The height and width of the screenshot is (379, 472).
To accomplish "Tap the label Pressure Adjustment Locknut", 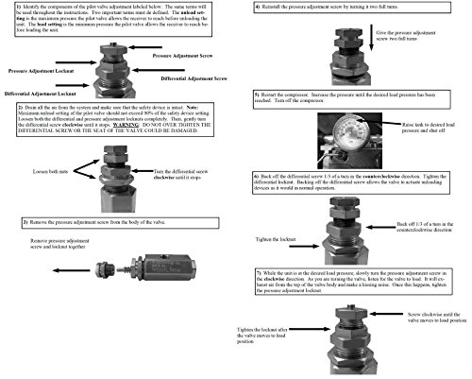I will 45,71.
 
